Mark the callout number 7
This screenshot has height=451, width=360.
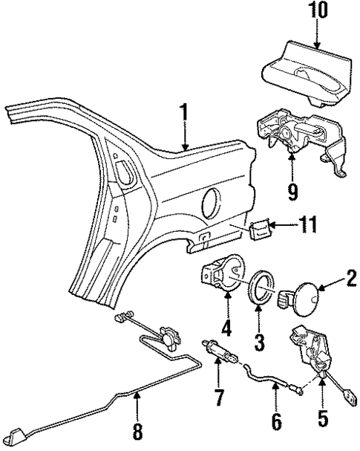point(218,397)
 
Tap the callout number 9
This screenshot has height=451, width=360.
point(292,190)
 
